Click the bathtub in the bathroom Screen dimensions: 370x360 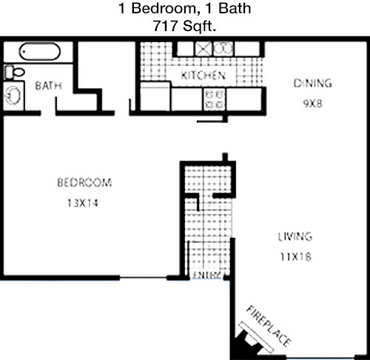tap(40, 52)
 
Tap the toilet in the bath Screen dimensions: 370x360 tap(15, 72)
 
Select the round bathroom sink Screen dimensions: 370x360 tap(12, 96)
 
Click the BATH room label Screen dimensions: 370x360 tap(48, 86)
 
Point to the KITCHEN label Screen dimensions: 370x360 tap(203, 76)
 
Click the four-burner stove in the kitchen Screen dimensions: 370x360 tap(214, 99)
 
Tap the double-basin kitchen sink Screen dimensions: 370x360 tap(223, 48)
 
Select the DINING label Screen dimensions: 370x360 tap(312, 84)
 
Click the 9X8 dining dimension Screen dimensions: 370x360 tap(312, 104)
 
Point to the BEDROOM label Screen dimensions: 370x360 tap(84, 183)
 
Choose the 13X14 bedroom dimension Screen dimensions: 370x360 tap(83, 203)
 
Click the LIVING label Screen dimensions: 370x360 tap(295, 237)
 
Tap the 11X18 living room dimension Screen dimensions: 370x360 tap(295, 257)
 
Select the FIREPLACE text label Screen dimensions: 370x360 tap(269, 326)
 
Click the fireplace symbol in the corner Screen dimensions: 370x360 tap(254, 339)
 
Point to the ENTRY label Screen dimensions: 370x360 tap(206, 275)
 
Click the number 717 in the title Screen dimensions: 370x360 tap(165, 26)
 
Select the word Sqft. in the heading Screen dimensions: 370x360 tap(200, 26)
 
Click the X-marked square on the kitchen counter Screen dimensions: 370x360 tap(203, 49)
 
